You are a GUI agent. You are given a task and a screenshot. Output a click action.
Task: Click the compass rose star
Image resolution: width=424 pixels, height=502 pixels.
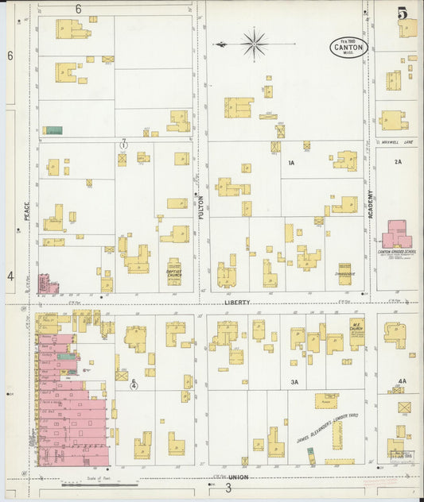coord(254,43)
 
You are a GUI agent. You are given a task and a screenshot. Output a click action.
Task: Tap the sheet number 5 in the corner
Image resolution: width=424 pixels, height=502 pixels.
coord(403,14)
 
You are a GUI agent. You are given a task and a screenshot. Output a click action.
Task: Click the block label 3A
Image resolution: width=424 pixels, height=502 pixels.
coord(294,382)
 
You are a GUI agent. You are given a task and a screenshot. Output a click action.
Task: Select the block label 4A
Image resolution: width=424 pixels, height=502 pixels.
coord(402,381)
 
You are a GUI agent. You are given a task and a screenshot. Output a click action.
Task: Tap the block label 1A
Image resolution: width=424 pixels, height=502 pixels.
coord(291,162)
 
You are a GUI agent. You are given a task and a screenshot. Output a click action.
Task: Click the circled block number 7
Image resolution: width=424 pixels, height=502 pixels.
coord(123,145)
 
